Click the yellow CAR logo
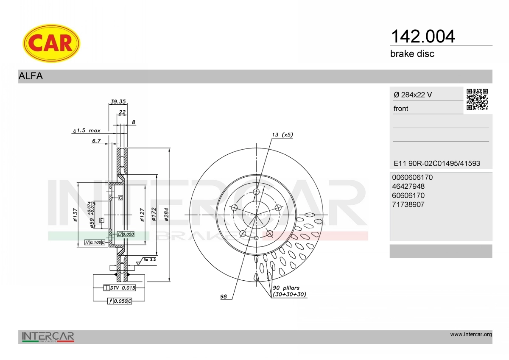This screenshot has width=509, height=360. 51,43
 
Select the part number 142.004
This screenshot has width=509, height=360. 422,36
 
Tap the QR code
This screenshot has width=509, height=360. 477,100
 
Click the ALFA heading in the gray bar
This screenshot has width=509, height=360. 31,76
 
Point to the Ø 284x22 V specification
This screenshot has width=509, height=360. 413,95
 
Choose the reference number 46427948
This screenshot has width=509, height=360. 408,186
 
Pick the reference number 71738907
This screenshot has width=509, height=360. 408,204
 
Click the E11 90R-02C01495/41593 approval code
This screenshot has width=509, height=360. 437,163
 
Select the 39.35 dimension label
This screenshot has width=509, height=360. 118,101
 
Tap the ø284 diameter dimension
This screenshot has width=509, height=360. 166,215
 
